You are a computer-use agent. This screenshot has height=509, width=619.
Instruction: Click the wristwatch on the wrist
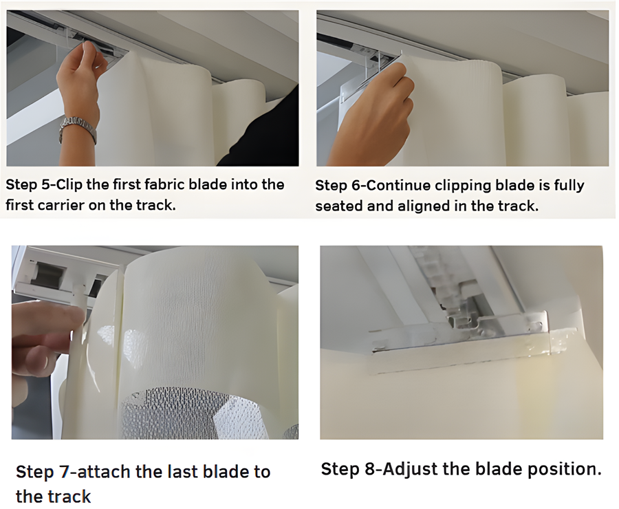coord(77,128)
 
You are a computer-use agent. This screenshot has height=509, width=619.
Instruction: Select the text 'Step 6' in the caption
coord(336,186)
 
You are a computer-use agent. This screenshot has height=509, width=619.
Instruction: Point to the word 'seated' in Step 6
coord(338,206)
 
